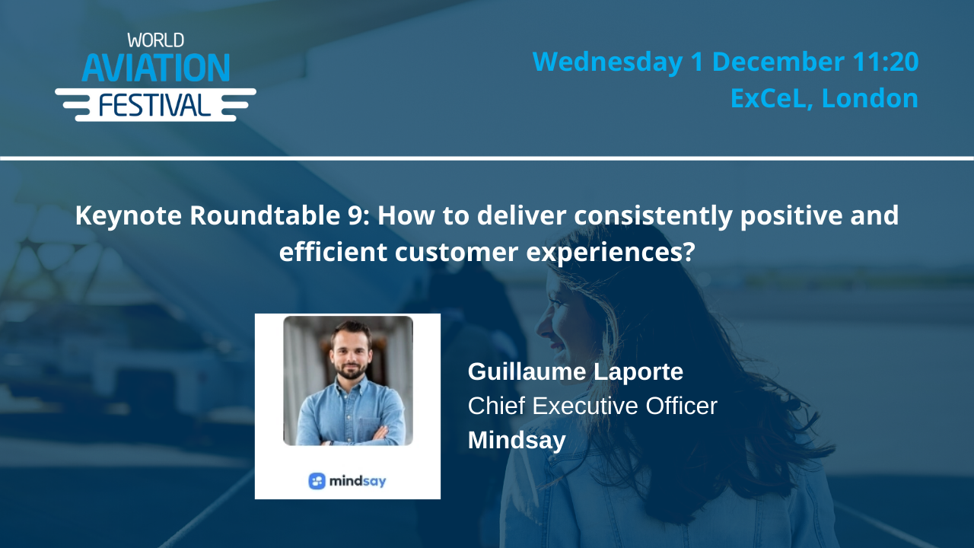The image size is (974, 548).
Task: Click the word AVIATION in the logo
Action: pos(155,68)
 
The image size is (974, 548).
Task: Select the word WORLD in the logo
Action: pos(155,40)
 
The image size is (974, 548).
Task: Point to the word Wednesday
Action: pos(607,62)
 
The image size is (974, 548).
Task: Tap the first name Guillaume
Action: pos(528,372)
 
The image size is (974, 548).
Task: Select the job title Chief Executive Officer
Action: pos(592,406)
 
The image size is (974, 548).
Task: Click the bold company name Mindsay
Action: pos(517,441)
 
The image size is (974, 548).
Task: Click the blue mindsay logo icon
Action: pos(317,481)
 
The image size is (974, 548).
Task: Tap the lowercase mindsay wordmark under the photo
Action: pos(358,481)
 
